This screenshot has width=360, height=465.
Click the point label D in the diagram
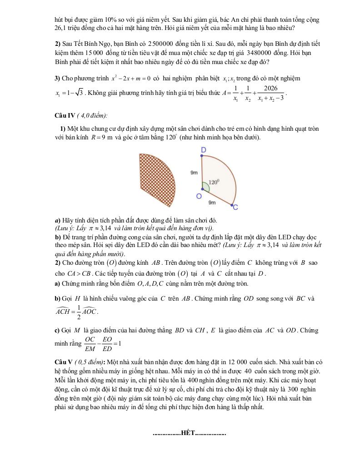203,150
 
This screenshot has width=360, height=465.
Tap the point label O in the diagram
199,196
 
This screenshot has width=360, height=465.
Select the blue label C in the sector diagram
235,208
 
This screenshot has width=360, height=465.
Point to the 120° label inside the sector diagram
214,182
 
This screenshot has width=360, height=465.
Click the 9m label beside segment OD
194,173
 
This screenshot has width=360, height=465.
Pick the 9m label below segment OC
212,203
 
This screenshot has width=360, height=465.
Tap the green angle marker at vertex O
205,187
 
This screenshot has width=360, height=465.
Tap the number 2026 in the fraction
270,88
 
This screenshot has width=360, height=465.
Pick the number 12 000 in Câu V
236,362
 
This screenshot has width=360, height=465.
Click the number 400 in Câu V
193,380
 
